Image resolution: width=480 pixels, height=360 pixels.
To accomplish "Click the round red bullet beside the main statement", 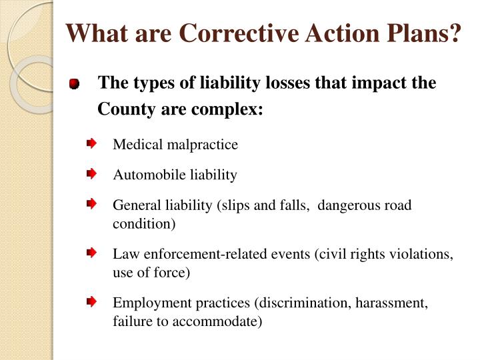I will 74,85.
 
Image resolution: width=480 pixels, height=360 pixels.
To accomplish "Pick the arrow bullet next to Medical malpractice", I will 91,143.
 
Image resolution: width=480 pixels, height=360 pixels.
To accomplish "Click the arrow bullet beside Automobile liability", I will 91,174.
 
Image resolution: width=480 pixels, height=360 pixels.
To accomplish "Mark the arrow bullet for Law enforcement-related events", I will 91,253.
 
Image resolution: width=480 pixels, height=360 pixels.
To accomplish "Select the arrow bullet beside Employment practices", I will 91,302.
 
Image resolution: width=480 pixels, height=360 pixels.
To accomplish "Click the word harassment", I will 393,303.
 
